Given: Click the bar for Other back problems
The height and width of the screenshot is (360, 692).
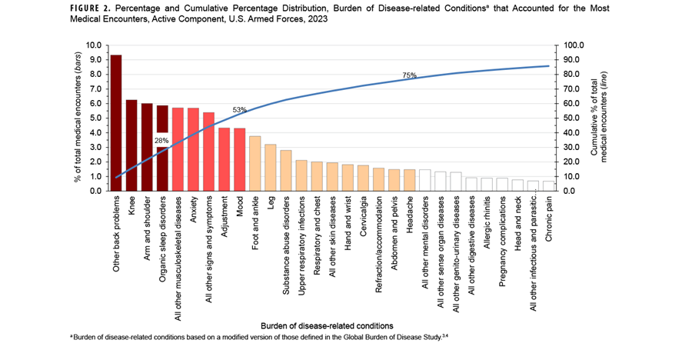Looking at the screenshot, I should coord(116,123).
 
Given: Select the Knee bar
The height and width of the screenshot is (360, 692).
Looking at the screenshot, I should coord(131,145).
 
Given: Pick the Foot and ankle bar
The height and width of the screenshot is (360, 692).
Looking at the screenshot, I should coord(255,163).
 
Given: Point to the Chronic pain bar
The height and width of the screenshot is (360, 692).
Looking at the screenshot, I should coord(547,186).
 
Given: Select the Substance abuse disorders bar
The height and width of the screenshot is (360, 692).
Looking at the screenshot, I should coord(285,170).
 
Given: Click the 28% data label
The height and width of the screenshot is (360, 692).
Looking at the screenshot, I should coord(161,141).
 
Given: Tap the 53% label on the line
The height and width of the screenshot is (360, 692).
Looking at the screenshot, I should coord(238,110).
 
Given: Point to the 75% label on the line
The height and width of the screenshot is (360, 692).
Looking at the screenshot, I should coord(409,75).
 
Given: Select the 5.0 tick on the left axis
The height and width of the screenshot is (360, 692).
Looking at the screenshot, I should coord(97,118).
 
